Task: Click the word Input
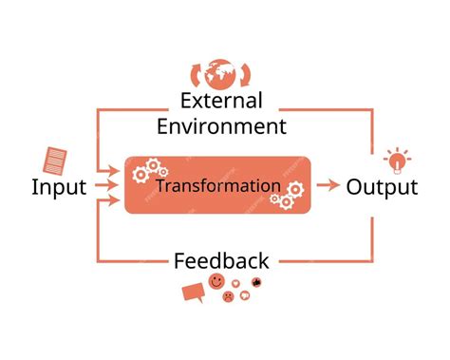59,186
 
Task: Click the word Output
382,186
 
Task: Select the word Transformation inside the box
218,185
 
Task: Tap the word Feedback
221,260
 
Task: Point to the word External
220,101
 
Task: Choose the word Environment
221,125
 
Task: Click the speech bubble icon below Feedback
193,293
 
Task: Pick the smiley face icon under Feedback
217,282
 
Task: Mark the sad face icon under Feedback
229,296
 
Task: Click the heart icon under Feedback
245,295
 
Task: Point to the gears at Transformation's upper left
147,172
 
